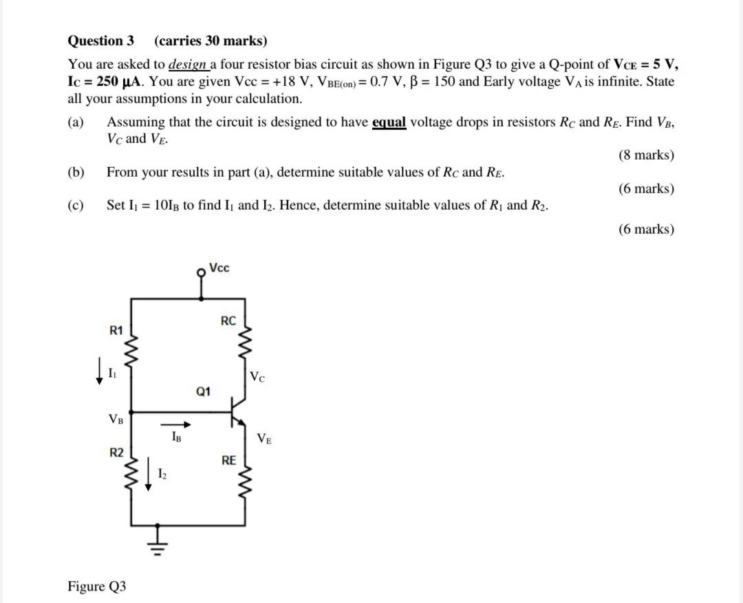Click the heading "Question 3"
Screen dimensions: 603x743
click(100, 41)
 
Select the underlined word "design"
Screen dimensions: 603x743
click(188, 65)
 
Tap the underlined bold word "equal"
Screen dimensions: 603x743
click(389, 122)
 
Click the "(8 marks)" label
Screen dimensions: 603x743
click(646, 155)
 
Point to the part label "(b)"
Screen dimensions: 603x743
click(76, 172)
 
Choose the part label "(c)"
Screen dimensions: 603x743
click(76, 205)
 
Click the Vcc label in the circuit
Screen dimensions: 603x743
click(219, 267)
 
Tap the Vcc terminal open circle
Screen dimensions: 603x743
click(202, 272)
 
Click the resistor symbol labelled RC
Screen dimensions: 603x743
click(246, 337)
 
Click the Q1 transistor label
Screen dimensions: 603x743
click(204, 392)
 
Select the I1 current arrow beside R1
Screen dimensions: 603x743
click(100, 372)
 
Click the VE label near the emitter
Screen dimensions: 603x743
click(264, 438)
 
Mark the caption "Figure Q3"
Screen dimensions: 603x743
click(96, 586)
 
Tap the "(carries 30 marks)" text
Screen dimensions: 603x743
click(211, 41)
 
